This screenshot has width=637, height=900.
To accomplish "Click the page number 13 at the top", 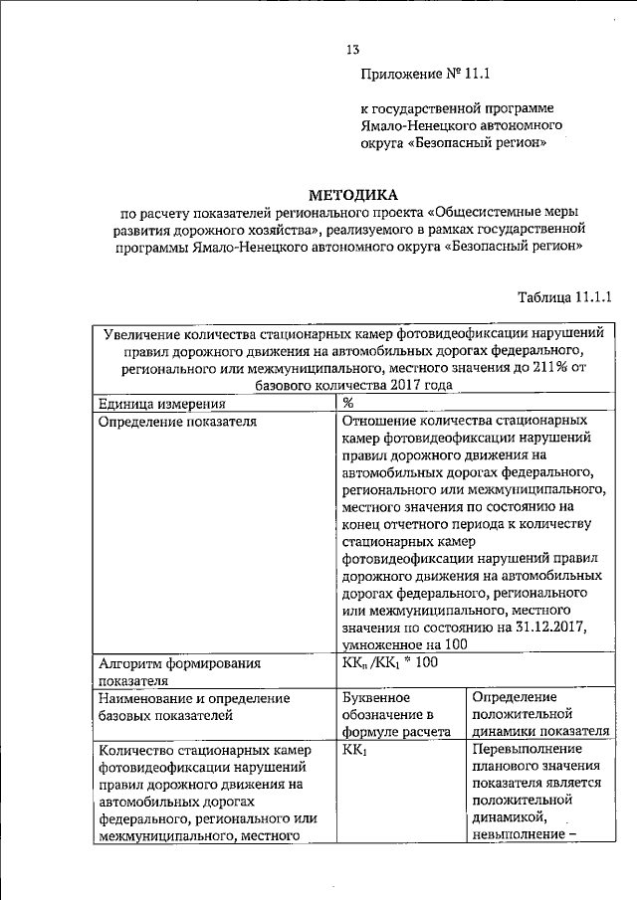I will (x=351, y=50).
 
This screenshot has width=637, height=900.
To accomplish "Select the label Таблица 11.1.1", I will (x=563, y=296).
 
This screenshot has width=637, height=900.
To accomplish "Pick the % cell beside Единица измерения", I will (x=348, y=403).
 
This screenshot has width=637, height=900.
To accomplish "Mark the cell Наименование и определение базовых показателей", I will (x=194, y=706).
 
